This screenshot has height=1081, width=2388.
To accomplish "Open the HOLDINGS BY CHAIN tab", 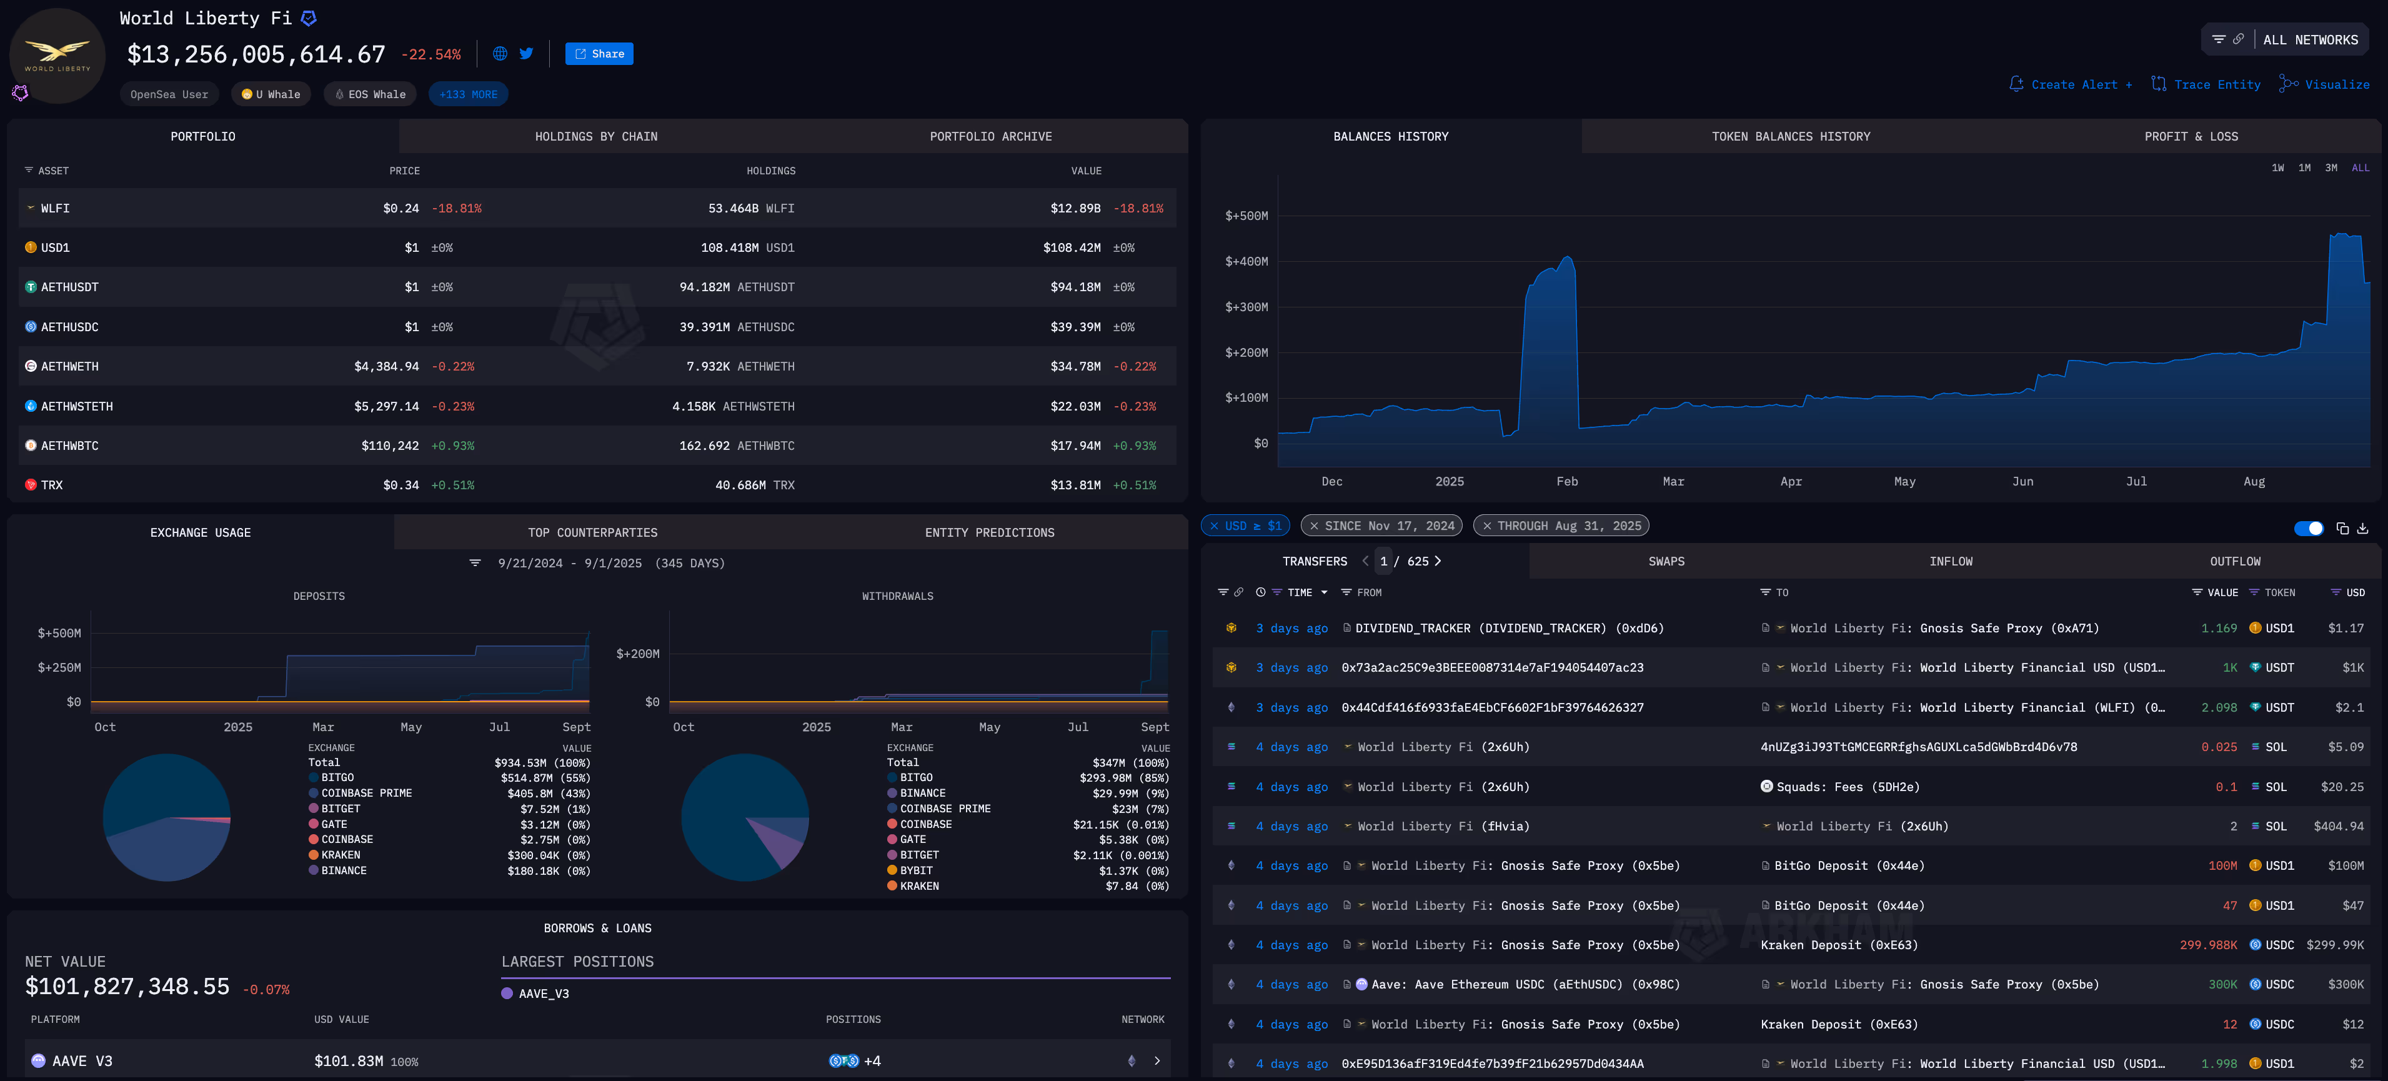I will (x=596, y=136).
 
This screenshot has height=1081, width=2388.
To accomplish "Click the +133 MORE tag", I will (x=468, y=94).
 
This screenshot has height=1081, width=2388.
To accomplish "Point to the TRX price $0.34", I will (x=400, y=485).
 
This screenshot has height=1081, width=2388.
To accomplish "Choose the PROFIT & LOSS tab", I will (x=2191, y=136).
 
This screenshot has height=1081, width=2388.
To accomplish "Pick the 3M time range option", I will (x=2331, y=168).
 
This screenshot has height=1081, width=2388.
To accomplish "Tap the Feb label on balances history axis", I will (x=1566, y=481).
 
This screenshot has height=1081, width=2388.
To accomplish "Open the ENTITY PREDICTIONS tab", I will (x=989, y=532).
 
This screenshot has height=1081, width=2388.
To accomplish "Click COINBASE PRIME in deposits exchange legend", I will (x=366, y=793).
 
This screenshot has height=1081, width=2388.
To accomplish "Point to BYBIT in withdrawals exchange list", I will (x=916, y=870).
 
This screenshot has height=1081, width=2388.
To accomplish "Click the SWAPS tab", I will (x=1666, y=561).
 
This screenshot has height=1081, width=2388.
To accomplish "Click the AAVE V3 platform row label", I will (x=82, y=1060).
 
